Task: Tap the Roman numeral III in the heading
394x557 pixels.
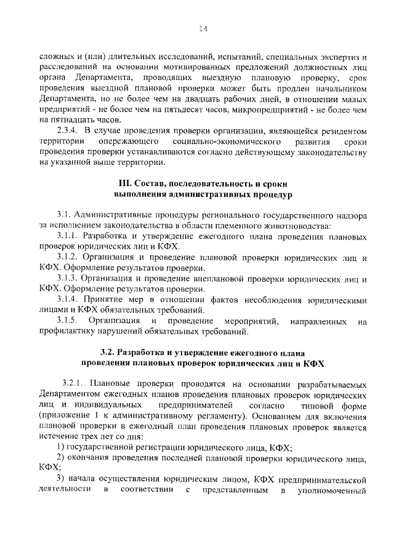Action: [x=124, y=183]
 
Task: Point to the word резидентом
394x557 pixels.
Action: [x=341, y=131]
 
